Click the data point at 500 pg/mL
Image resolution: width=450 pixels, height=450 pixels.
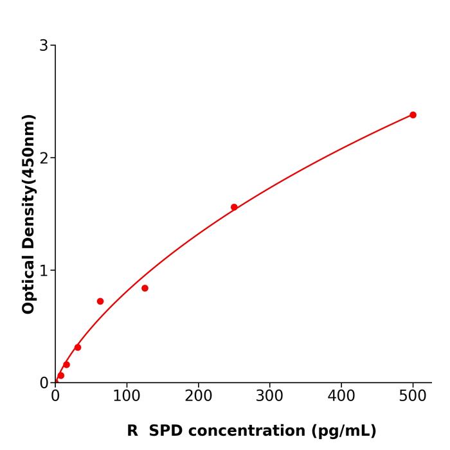tap(413, 115)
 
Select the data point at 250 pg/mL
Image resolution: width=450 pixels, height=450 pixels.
tap(234, 207)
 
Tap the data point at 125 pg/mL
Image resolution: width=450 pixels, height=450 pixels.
tap(145, 288)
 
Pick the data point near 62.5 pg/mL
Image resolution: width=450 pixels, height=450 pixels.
tap(100, 301)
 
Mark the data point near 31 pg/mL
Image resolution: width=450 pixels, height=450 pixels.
tap(78, 347)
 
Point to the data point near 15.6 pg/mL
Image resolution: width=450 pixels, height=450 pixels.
tap(66, 364)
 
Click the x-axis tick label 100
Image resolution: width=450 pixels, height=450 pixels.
tap(127, 397)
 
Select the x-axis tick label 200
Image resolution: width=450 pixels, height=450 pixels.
tap(198, 397)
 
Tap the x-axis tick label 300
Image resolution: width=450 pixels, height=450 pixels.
tap(269, 397)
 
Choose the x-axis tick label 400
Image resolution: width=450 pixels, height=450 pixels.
tap(341, 397)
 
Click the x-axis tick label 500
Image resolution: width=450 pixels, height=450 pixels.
tap(413, 397)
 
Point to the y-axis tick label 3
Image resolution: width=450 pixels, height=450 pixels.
tap(44, 46)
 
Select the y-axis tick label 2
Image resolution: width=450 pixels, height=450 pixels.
tap(44, 158)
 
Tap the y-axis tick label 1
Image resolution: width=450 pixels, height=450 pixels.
tap(44, 271)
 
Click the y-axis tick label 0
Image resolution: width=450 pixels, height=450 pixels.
tap(44, 383)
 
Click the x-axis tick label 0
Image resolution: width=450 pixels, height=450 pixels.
tap(55, 397)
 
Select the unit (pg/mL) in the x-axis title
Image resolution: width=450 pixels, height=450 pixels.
tap(344, 431)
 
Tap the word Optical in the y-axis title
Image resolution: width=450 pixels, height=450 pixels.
tap(28, 282)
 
